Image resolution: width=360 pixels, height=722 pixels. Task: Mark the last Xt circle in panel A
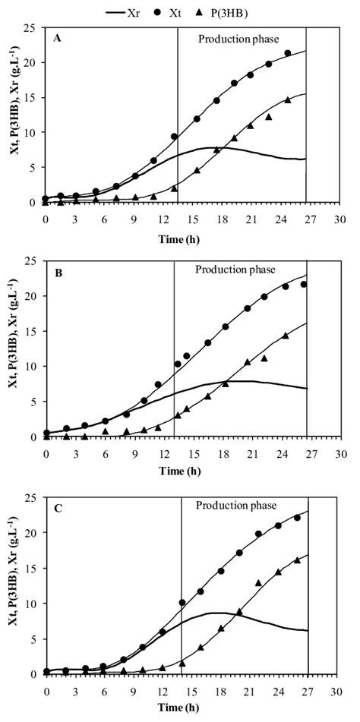[287, 53]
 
